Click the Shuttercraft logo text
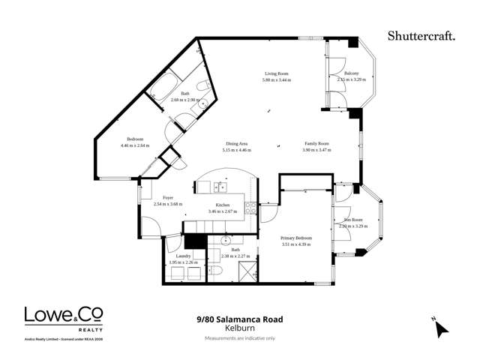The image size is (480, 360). pos(421,34)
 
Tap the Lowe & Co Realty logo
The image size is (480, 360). pos(64,318)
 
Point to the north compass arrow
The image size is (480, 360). pos(441,328)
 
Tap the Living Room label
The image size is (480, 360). pos(276,73)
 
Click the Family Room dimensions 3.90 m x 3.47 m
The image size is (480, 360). pos(316,150)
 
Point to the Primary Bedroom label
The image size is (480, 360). pos(296,238)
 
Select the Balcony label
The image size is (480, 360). pos(351,73)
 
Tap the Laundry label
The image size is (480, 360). pos(183,256)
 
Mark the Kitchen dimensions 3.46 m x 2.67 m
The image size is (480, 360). pos(223,211)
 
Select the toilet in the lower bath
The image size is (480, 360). pos(214,269)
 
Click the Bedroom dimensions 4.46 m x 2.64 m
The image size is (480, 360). pos(135,145)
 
